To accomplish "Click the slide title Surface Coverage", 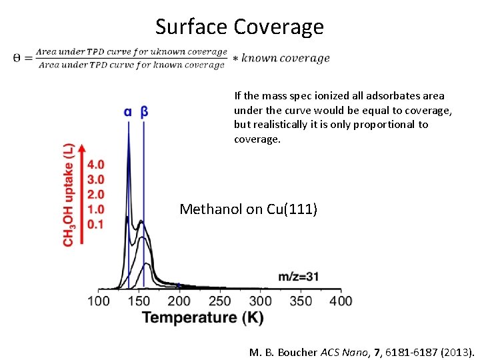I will click(x=239, y=27).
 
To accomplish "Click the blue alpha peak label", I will click(x=127, y=112).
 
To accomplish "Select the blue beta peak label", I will click(x=144, y=112).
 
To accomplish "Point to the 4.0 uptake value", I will click(x=95, y=164).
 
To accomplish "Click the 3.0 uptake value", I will click(x=95, y=179).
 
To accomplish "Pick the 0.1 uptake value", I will click(x=95, y=225).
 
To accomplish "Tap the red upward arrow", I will click(x=82, y=193).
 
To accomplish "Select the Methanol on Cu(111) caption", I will click(x=249, y=209).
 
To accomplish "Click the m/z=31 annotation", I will click(x=298, y=276).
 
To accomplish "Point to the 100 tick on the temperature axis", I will click(x=99, y=301).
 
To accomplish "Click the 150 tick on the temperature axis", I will click(x=139, y=301).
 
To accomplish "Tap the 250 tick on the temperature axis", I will click(x=220, y=301).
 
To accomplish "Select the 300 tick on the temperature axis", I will click(x=260, y=301).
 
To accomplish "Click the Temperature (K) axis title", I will click(x=203, y=317).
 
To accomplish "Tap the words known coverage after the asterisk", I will click(x=285, y=58).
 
